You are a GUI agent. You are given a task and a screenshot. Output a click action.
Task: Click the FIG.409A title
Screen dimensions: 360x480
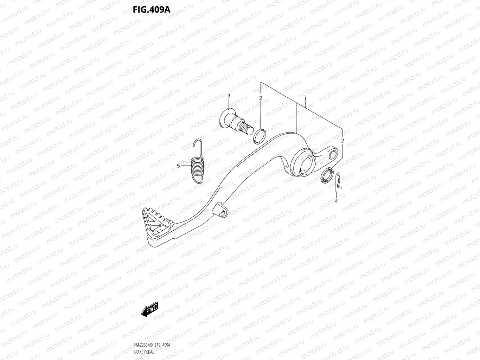(152, 9)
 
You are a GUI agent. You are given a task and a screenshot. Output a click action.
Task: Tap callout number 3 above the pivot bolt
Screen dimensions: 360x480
(229, 96)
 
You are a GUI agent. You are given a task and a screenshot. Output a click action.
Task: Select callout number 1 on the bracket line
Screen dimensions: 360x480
(305, 99)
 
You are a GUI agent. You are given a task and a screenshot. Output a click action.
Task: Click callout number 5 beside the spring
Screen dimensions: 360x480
(178, 166)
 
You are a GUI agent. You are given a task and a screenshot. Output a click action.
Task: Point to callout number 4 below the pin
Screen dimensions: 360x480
(336, 201)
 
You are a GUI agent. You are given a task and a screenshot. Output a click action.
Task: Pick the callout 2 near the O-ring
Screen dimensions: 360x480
(261, 98)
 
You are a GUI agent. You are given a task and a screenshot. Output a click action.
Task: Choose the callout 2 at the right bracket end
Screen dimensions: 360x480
(343, 141)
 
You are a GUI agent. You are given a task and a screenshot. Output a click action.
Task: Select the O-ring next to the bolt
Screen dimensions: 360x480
(260, 136)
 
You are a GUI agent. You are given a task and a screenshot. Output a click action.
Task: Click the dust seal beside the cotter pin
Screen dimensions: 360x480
(327, 176)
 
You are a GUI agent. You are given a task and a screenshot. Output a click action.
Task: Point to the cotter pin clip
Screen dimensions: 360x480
(338, 179)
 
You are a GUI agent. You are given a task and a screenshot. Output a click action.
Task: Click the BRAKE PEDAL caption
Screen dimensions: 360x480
(143, 352)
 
